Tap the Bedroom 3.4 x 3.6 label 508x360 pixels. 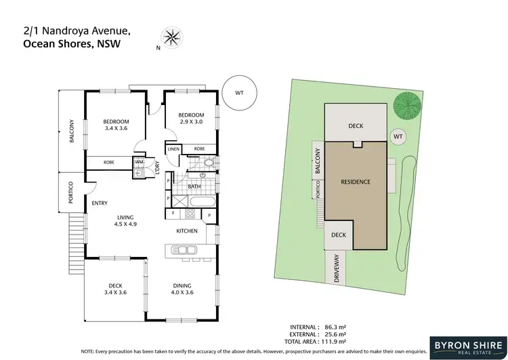[x=116, y=125]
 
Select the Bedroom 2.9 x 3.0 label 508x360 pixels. [x=191, y=119]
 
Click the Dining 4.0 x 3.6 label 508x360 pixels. [x=182, y=289]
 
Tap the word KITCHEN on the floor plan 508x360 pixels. [x=187, y=231]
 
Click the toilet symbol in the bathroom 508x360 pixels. [x=208, y=163]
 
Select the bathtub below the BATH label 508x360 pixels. [x=200, y=201]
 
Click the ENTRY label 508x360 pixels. [x=100, y=202]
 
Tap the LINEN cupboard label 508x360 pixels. [x=173, y=148]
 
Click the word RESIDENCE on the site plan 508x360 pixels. [x=355, y=182]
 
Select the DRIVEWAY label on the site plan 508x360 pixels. [x=337, y=269]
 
